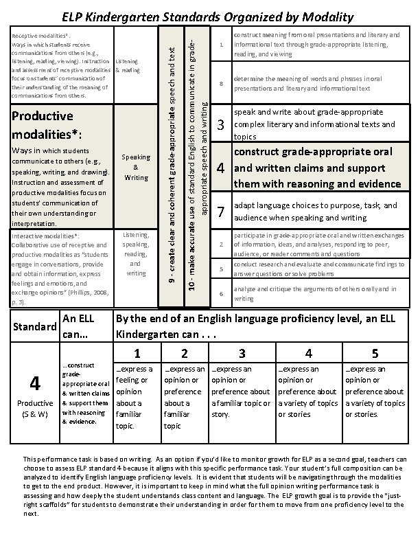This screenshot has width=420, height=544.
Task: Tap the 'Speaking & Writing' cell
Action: point(135,167)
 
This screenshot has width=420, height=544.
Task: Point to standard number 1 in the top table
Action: point(221,45)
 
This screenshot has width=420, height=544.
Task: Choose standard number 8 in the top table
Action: point(221,84)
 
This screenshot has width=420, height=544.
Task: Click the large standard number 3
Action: point(221,124)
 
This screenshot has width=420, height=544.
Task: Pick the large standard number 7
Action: point(221,211)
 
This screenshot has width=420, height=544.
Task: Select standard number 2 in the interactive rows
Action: point(221,245)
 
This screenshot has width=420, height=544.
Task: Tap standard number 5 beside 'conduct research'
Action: point(221,269)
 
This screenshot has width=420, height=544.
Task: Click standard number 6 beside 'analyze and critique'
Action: point(221,294)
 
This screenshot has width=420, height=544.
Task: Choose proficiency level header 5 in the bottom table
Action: point(374,354)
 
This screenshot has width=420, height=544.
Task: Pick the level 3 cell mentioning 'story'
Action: point(241,392)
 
